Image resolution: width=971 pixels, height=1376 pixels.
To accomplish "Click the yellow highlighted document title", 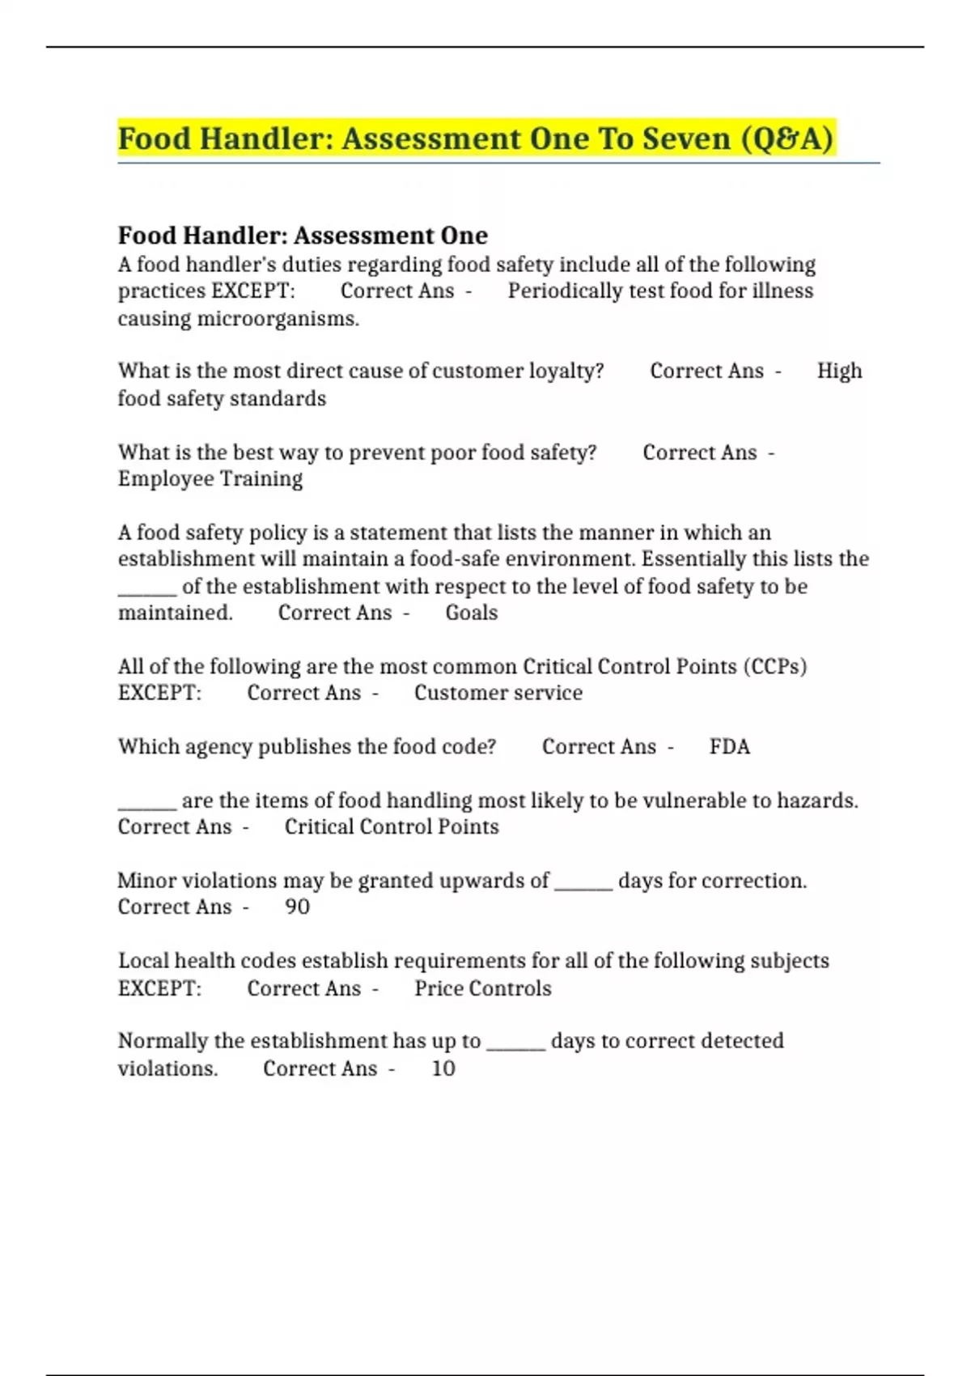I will coord(475,138).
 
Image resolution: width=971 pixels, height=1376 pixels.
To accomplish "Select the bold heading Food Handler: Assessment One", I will coord(303,236).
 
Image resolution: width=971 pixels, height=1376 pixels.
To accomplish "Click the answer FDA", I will coord(729,746).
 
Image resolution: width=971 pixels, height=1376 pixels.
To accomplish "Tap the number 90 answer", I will coord(297,907).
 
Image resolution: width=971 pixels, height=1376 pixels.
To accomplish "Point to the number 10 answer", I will coord(443,1068).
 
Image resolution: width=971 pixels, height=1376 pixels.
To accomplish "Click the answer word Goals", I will coord(471,613).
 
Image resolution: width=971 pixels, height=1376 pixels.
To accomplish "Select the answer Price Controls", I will coord(482,988).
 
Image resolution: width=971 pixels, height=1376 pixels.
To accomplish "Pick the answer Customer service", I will coord(498,693).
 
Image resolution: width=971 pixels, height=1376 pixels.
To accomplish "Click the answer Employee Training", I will coord(210,479).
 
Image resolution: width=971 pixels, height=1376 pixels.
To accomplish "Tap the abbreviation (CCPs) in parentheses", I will coord(778,666).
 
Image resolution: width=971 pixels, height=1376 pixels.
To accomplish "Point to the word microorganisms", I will coord(277,319).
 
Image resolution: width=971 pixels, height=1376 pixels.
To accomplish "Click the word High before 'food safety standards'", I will coord(839,371).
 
